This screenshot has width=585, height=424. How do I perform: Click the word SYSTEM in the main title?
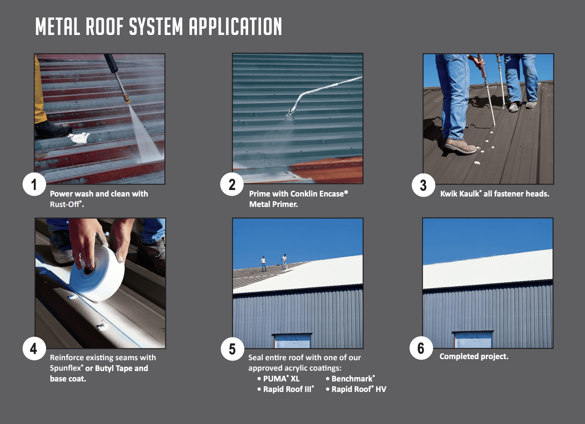point(156,27)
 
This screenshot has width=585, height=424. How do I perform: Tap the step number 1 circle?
point(34,185)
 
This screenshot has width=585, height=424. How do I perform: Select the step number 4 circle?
point(34,348)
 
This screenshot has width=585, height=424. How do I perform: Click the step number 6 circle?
point(421,348)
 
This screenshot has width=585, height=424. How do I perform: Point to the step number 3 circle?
point(423,185)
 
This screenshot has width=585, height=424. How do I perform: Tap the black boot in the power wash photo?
point(52,129)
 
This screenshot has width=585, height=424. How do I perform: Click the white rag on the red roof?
point(79,137)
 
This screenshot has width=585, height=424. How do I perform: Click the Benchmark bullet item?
point(352,379)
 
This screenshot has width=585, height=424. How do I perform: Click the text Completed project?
point(474,356)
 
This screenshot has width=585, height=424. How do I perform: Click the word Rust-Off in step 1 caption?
point(65,204)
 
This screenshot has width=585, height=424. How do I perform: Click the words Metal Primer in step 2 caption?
point(273,204)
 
